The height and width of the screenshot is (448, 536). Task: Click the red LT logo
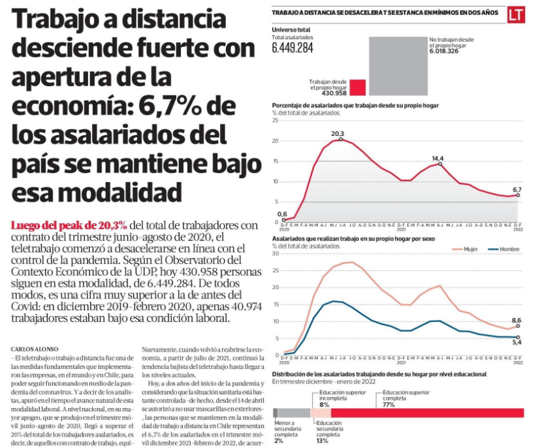516,14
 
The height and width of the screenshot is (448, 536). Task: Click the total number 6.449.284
292,48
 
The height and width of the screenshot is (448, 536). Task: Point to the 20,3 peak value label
338,134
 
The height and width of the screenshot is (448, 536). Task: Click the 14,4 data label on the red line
437,159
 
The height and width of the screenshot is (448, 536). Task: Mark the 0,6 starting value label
282,214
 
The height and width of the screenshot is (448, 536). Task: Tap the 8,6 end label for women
516,320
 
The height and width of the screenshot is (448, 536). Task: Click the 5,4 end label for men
516,343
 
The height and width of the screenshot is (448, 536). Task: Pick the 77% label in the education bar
389,404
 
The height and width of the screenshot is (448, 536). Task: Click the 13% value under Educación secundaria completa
322,441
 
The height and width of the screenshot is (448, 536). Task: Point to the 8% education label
324,404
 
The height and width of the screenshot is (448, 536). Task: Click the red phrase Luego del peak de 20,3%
70,225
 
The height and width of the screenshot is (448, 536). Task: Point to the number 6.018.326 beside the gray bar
449,51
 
